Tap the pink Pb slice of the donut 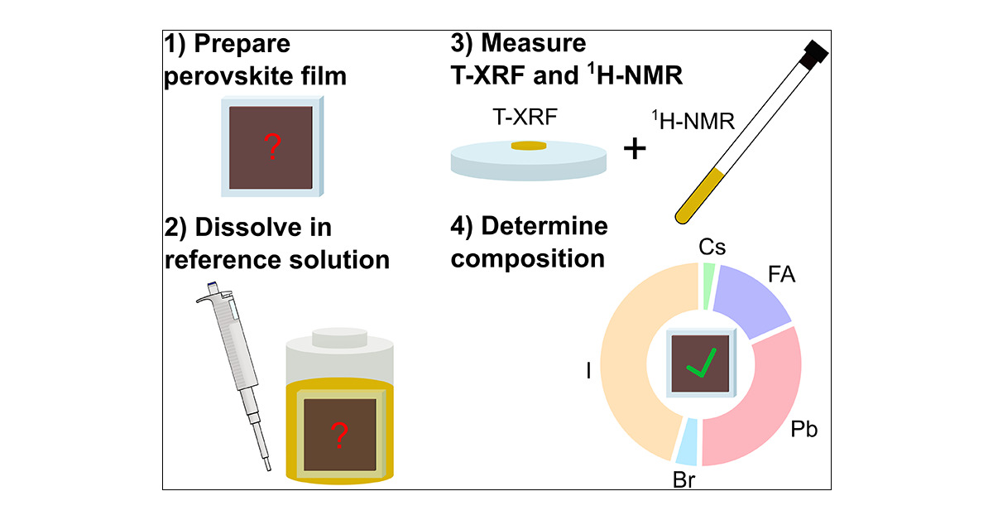point(757,406)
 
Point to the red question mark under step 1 point(272,148)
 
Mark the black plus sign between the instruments point(635,149)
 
